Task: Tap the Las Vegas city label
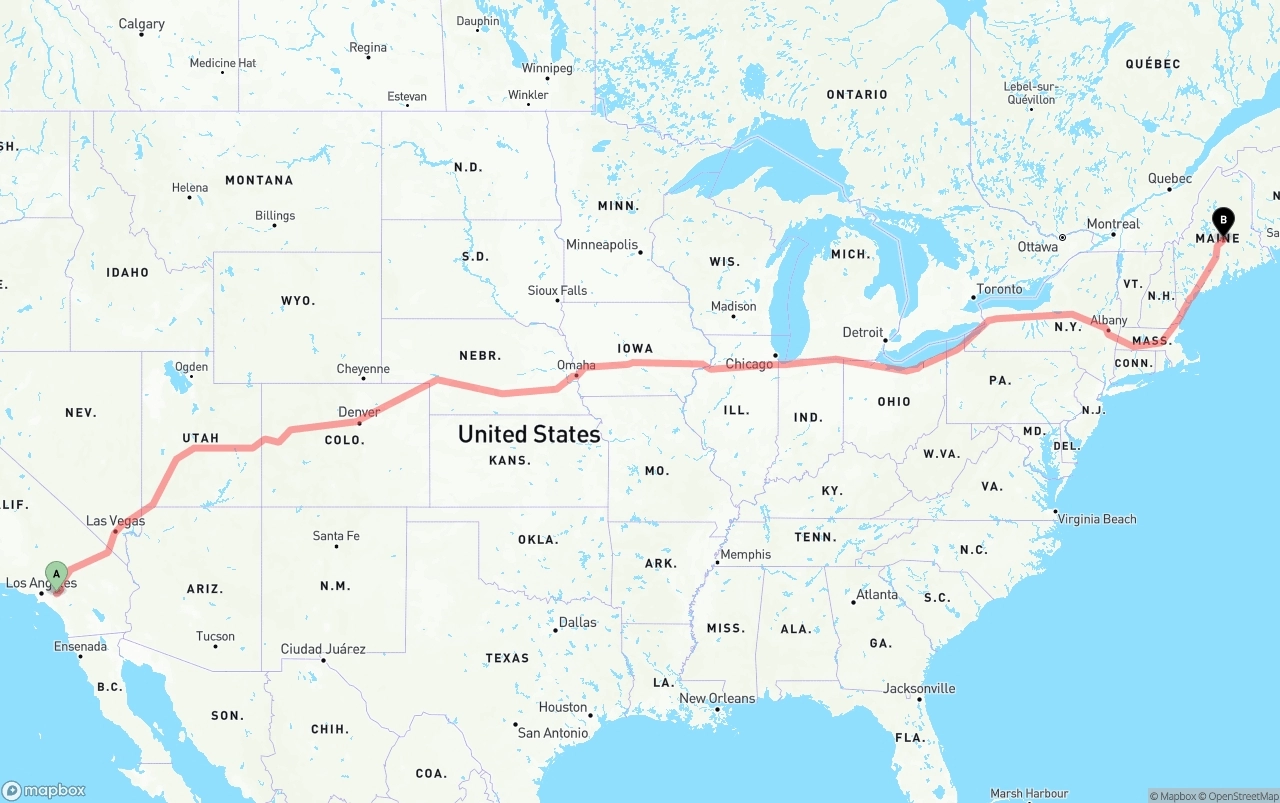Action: [115, 521]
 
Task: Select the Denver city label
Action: [359, 412]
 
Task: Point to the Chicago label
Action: [749, 364]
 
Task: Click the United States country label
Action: [529, 434]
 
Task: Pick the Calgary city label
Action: [141, 24]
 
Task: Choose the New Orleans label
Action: [717, 698]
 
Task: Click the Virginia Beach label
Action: [1098, 519]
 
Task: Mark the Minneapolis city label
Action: [601, 245]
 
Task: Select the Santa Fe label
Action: [336, 536]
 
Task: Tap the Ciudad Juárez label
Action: [323, 649]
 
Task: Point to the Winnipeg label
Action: [547, 68]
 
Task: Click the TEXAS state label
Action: [507, 658]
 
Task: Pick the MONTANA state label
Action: [259, 180]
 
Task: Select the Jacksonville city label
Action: [919, 688]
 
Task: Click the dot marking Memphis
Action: [717, 562]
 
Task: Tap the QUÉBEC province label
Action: [1152, 64]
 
